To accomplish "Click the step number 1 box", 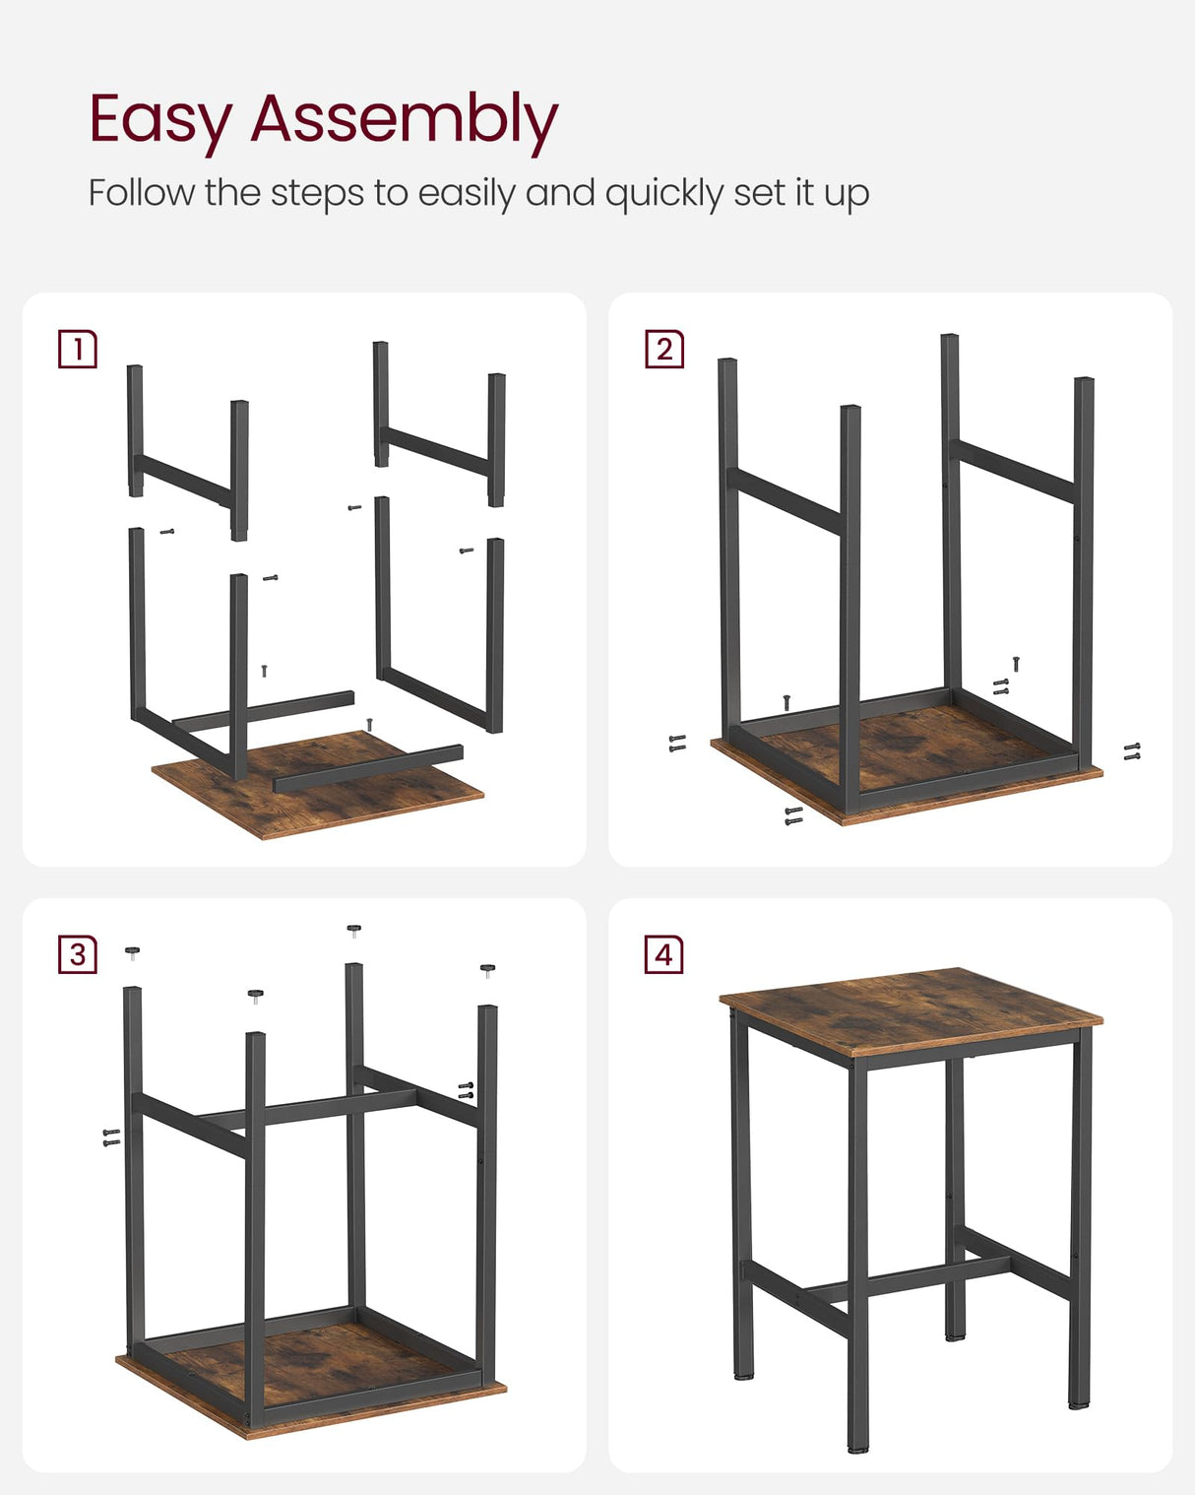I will pos(78,350).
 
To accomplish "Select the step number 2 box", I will pos(664,350).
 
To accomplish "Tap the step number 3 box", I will pos(78,954).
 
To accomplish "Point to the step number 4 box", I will pos(664,954).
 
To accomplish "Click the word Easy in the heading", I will pos(158,120).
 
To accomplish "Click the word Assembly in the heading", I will pos(404,120).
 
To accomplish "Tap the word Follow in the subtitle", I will pos(141,192).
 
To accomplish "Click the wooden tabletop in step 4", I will pos(911,1009).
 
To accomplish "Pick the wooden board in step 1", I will pos(325,788).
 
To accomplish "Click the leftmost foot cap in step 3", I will pos(132,951).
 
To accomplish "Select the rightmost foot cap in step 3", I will pos(487,970).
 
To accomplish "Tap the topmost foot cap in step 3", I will pos(354,929).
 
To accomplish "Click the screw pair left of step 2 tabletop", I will pos(677,744).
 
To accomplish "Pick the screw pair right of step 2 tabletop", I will pos(1132,751).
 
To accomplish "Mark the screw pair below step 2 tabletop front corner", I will pos(793,815).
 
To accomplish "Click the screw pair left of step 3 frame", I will pos(111,1137).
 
